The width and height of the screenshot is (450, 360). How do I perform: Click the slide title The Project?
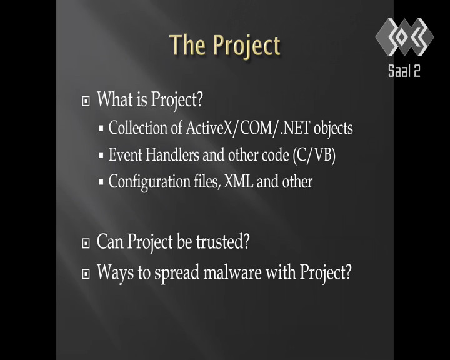click(x=225, y=46)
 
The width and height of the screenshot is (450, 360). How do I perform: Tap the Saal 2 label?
click(x=404, y=71)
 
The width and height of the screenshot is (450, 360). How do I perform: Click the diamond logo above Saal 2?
click(x=404, y=37)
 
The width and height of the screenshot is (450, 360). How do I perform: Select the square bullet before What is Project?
click(x=86, y=101)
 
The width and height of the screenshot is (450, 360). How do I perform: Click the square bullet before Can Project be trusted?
click(x=86, y=244)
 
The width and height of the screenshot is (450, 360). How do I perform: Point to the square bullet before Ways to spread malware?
click(x=86, y=274)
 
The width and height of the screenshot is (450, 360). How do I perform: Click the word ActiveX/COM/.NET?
click(x=247, y=127)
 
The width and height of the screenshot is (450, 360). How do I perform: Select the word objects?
click(x=333, y=128)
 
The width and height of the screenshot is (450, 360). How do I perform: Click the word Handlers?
click(x=172, y=154)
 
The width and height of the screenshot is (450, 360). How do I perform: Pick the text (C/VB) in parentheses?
click(x=314, y=156)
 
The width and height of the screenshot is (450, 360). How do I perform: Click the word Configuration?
click(x=149, y=182)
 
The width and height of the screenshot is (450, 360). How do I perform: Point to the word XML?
click(x=239, y=181)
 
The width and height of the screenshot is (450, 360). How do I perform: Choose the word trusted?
click(x=223, y=242)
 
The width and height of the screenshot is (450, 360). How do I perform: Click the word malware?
click(x=232, y=272)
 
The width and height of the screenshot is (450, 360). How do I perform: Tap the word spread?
click(x=177, y=273)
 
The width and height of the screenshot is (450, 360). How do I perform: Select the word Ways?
click(x=116, y=272)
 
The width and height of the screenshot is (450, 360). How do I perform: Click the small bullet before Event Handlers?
click(x=101, y=155)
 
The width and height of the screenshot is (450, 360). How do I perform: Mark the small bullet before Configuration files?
click(x=101, y=182)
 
